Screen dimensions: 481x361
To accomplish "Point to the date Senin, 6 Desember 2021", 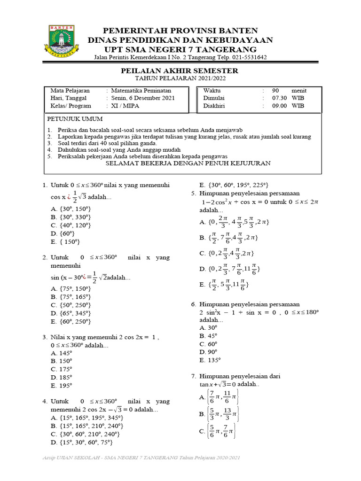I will click(x=143, y=98).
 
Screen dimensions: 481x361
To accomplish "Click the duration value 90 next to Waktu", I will click(x=275, y=91).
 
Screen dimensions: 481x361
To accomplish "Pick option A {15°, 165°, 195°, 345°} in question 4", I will click(x=86, y=418).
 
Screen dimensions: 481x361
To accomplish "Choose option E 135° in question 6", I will click(x=210, y=360).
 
